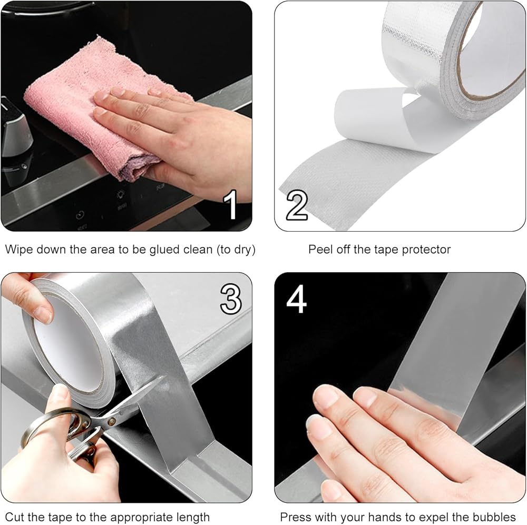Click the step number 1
tap(231, 204)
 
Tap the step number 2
tap(296, 205)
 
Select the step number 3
tap(231, 299)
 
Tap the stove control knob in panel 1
tap(15, 131)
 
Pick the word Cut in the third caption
tap(14, 517)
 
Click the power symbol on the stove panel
tap(80, 215)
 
